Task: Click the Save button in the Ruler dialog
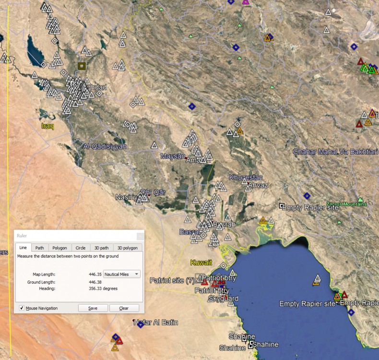pos(93,308)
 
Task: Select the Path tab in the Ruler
pos(39,248)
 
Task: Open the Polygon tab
pos(59,248)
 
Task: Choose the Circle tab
pos(80,248)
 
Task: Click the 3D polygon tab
pos(127,248)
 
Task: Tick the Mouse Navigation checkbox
pos(22,308)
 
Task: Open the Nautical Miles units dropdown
pos(122,274)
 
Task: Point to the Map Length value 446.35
pos(95,274)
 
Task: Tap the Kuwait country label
pos(201,263)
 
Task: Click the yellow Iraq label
pos(48,126)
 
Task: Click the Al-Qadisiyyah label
pos(105,146)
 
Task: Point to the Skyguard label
pos(223,299)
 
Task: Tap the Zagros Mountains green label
pos(346,204)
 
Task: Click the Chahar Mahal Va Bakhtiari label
pos(335,152)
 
